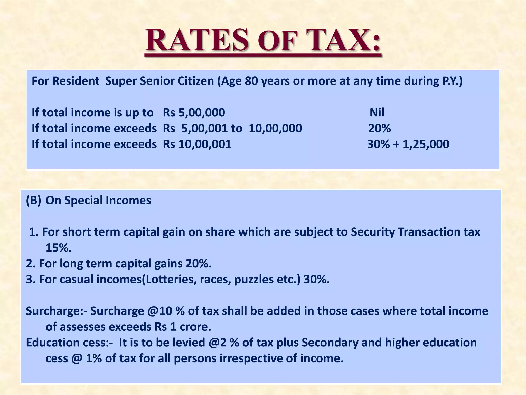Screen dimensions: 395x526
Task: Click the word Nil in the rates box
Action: pyautogui.click(x=377, y=113)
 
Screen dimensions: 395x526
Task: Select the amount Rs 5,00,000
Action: pyautogui.click(x=194, y=113)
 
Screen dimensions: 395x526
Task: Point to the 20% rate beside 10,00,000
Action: pyautogui.click(x=379, y=128)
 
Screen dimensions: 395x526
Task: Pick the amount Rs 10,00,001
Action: pyautogui.click(x=197, y=144)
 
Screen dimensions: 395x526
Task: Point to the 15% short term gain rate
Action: pyautogui.click(x=58, y=248)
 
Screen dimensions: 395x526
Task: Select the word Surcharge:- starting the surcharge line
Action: pyautogui.click(x=57, y=311)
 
